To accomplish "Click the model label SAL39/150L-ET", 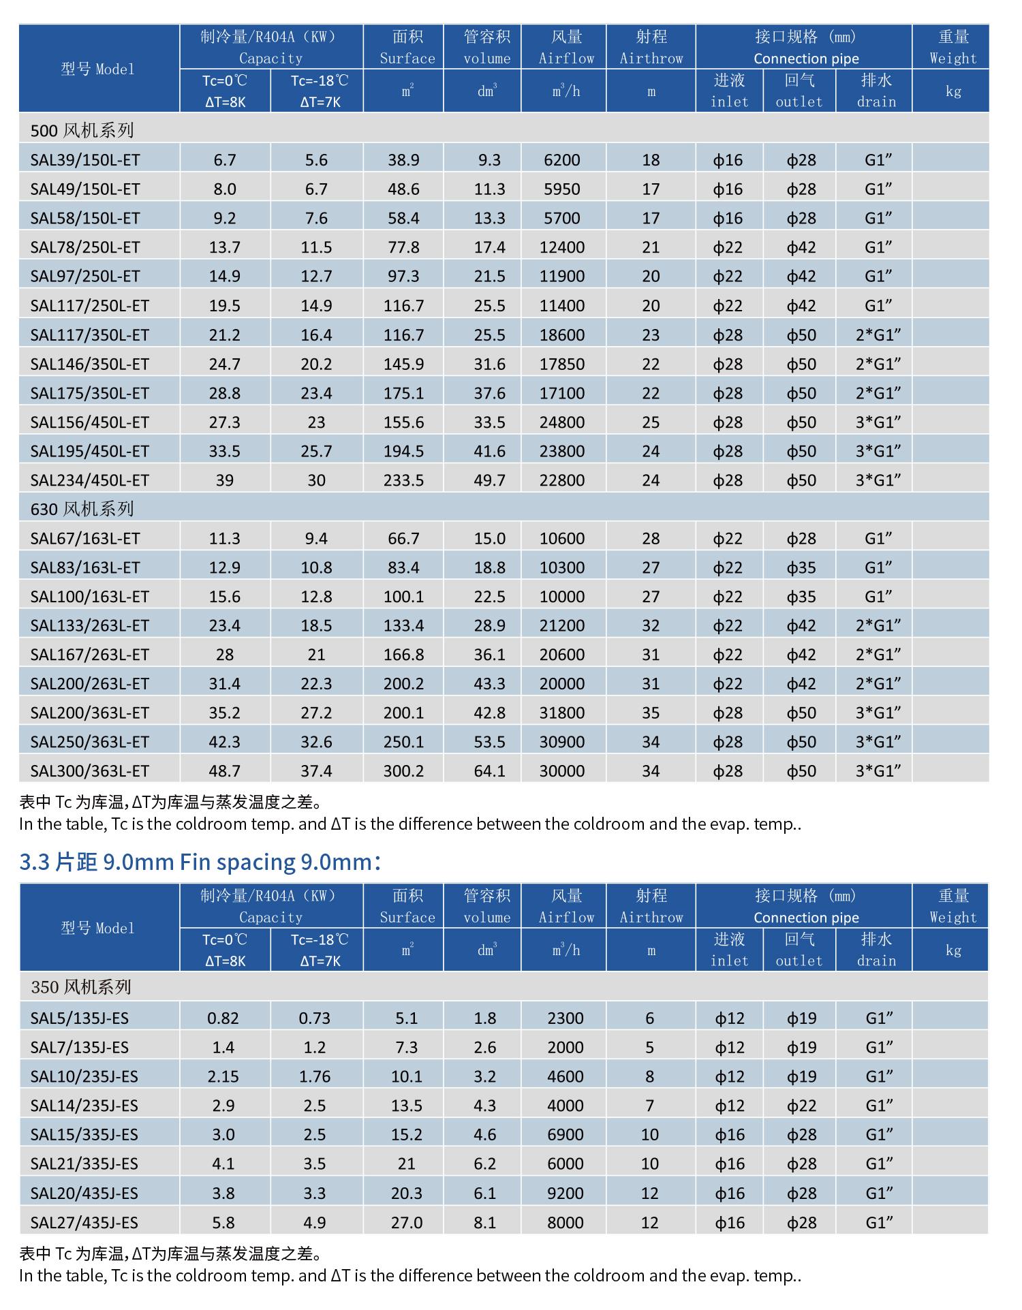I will [x=85, y=160].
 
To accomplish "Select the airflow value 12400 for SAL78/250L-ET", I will [x=562, y=247].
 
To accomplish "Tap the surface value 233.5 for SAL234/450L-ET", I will [x=403, y=480].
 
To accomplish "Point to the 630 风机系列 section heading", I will [x=82, y=509].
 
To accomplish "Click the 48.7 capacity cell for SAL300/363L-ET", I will [x=225, y=771].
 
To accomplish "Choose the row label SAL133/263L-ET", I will [x=89, y=625].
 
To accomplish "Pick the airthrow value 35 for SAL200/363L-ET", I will [x=651, y=713].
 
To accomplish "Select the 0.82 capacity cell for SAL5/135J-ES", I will [x=223, y=1018].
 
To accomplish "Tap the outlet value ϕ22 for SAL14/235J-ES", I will [x=801, y=1106].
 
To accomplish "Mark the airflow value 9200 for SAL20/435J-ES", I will [x=566, y=1194].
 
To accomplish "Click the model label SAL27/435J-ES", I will [x=84, y=1223].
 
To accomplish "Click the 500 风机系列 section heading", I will [x=82, y=130].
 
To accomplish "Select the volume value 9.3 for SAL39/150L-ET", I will [x=489, y=160].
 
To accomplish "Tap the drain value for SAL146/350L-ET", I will [x=878, y=364].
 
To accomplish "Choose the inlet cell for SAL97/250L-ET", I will [x=728, y=277].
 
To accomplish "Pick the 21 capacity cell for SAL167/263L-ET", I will [x=316, y=655].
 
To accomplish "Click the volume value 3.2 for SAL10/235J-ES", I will [x=485, y=1077].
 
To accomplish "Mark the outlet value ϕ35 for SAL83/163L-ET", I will [x=801, y=567].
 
